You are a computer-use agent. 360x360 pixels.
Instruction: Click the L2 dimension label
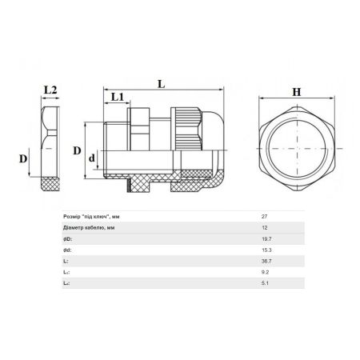[x=50, y=90]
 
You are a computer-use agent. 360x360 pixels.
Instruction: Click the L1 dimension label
[x=118, y=97]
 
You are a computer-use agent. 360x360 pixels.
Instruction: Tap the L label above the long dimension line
[x=162, y=84]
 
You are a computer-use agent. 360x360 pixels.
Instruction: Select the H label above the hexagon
[x=297, y=92]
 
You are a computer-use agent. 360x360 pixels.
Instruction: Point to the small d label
[x=92, y=158]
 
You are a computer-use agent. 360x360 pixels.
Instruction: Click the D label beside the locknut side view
[x=23, y=159]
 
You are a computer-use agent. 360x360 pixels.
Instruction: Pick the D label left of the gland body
[x=77, y=150]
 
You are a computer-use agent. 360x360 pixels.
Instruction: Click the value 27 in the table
[x=264, y=217]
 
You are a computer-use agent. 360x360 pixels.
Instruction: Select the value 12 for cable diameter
[x=264, y=228]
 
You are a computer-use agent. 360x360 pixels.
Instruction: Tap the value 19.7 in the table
[x=266, y=239]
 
